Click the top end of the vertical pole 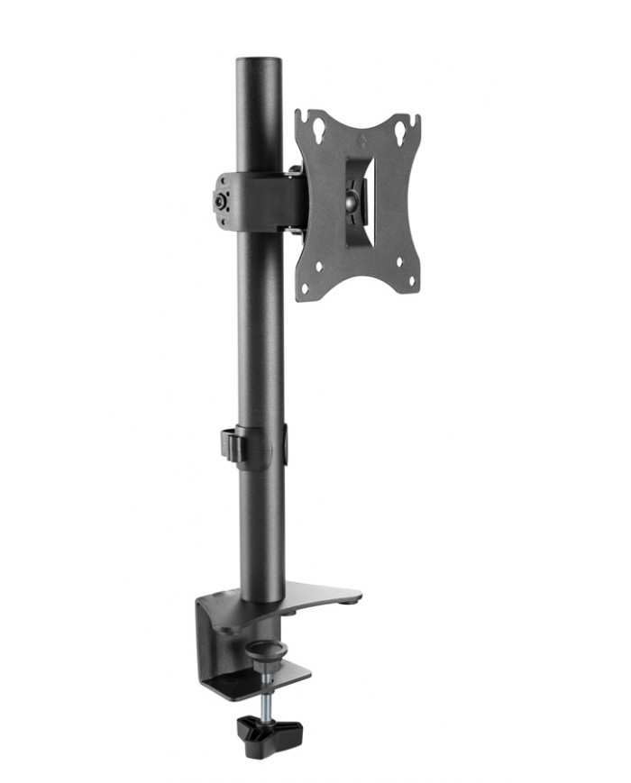259,64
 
